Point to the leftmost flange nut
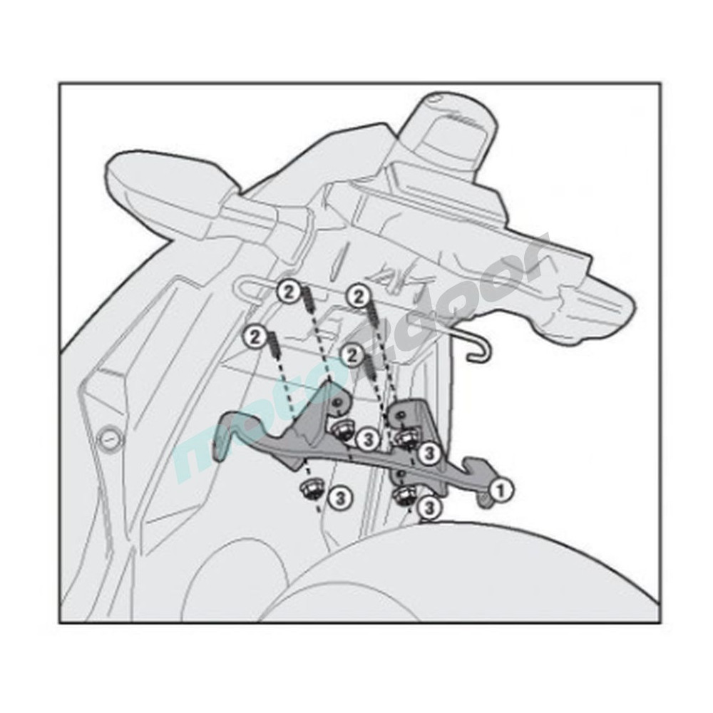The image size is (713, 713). [310, 490]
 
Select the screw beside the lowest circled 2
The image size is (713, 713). [369, 369]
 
